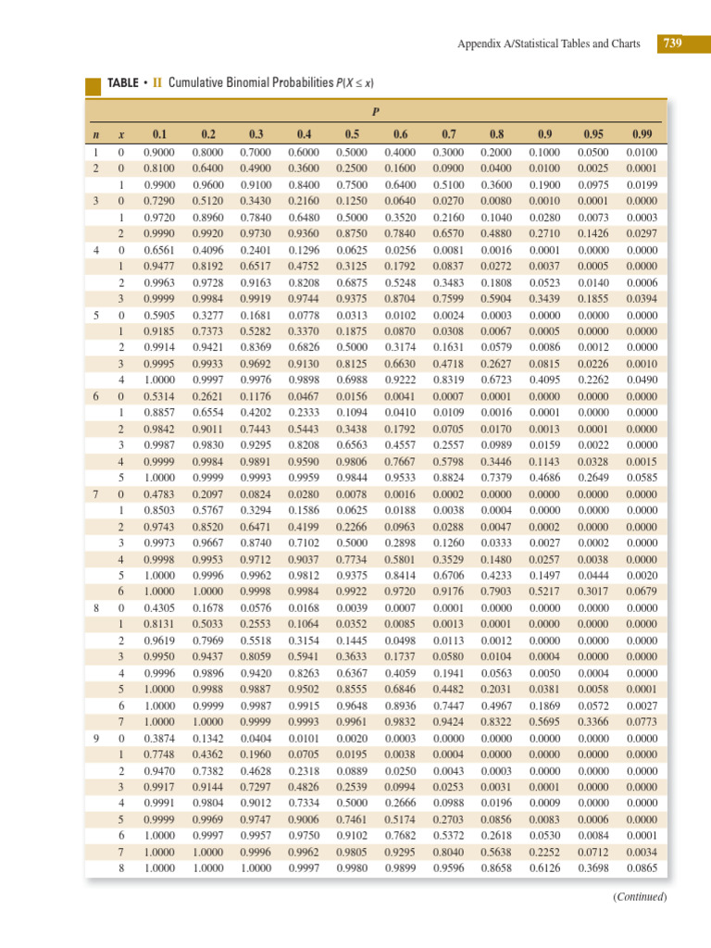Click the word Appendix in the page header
[480, 44]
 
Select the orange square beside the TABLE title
[93, 85]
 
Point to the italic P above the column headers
[376, 113]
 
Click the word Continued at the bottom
[640, 896]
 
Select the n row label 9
[97, 738]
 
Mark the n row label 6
[97, 395]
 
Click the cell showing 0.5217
[543, 592]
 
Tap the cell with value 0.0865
[641, 869]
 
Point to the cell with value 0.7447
[448, 705]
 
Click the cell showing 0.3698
[592, 869]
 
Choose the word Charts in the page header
[621, 44]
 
